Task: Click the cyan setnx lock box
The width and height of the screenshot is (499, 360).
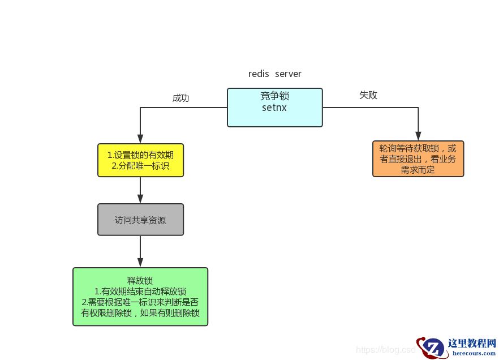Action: click(x=275, y=107)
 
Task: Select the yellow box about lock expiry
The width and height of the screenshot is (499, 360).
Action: click(x=140, y=160)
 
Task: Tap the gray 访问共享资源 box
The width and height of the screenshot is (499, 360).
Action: click(x=140, y=220)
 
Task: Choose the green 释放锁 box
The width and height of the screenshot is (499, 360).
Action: click(x=140, y=297)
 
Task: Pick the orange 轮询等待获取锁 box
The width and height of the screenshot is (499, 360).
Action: click(x=418, y=159)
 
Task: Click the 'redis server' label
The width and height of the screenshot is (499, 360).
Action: click(x=275, y=74)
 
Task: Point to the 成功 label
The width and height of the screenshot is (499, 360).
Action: click(x=180, y=98)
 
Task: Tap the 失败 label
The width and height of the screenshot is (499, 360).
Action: click(x=368, y=95)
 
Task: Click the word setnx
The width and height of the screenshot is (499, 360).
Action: click(x=275, y=107)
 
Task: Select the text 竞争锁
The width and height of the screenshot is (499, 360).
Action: click(x=275, y=96)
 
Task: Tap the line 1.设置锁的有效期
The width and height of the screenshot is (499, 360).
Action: click(x=140, y=155)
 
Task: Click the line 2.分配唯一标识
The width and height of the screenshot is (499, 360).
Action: click(x=140, y=166)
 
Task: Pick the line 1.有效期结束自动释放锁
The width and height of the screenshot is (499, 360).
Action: click(x=140, y=291)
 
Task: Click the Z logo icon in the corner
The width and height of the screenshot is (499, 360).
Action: click(x=432, y=347)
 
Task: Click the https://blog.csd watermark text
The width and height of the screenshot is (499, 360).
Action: click(x=385, y=350)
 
